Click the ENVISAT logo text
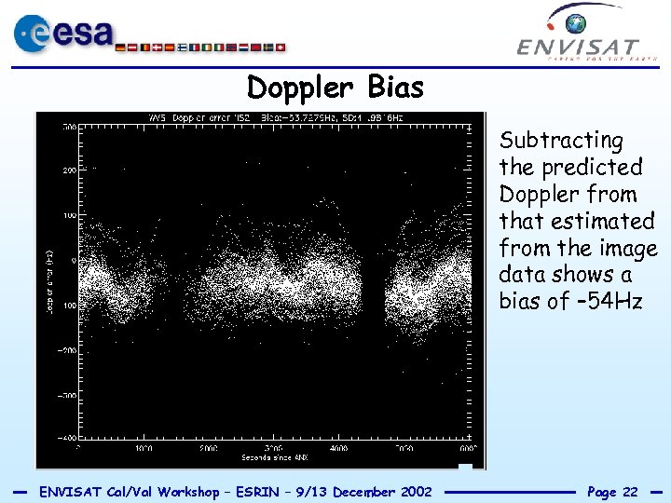(x=578, y=47)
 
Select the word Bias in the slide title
(x=395, y=88)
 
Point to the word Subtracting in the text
(x=561, y=142)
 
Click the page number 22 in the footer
(x=629, y=492)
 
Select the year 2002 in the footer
(x=413, y=492)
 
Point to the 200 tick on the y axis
(x=69, y=171)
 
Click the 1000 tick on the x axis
(x=144, y=448)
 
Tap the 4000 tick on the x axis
(x=337, y=448)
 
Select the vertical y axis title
(x=48, y=279)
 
